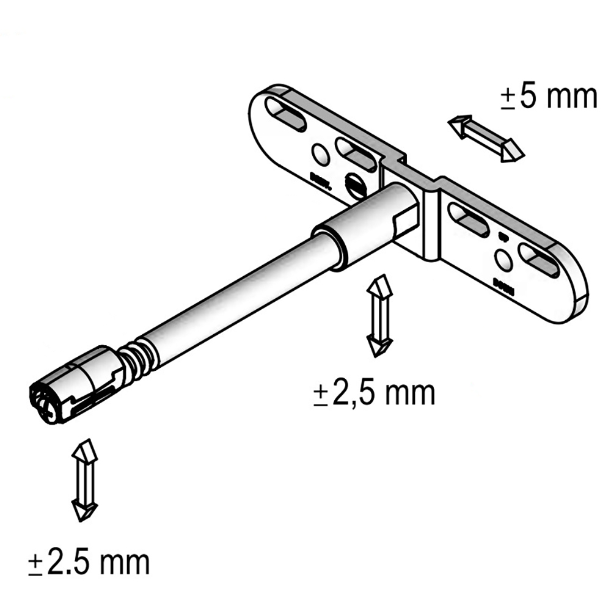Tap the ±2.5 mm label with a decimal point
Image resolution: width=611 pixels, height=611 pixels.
coord(89,562)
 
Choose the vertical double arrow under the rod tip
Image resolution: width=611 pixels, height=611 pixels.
coord(84,479)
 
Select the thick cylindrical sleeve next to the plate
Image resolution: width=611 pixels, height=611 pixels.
coord(367,223)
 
